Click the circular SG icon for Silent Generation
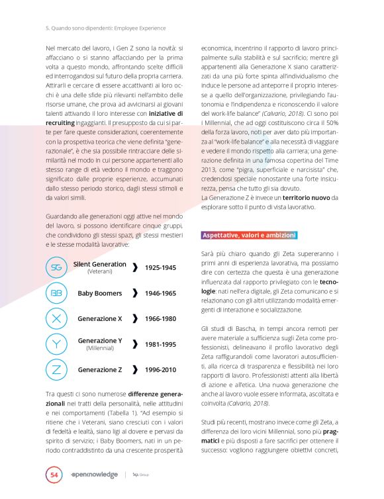56,267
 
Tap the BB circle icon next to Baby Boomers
56,293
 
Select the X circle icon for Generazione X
56,318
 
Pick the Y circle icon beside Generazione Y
56,343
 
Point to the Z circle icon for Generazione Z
56,369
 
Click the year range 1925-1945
160,267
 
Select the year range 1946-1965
160,293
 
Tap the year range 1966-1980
160,318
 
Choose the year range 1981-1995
160,344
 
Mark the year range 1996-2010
160,369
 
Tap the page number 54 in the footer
54,475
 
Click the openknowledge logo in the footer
94,475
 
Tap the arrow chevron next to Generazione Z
135,369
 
